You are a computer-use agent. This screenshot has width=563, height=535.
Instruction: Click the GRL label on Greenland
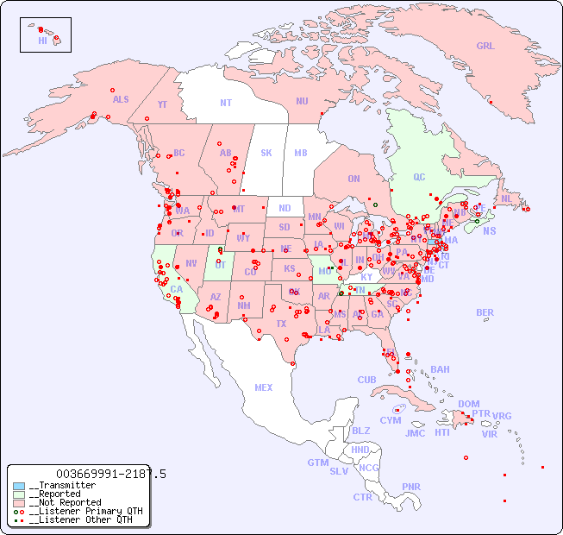pyautogui.click(x=485, y=47)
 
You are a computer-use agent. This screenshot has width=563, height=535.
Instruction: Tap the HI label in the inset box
pyautogui.click(x=42, y=41)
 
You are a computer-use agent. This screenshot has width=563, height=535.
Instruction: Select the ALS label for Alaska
pyautogui.click(x=121, y=99)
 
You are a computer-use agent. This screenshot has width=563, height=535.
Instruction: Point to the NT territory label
pyautogui.click(x=226, y=103)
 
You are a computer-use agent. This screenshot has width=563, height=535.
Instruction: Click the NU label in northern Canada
pyautogui.click(x=302, y=101)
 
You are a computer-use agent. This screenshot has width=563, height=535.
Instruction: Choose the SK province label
pyautogui.click(x=266, y=153)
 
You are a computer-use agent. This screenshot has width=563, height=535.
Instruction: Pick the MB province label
pyautogui.click(x=300, y=153)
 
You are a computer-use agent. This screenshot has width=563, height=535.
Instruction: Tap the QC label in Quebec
pyautogui.click(x=419, y=177)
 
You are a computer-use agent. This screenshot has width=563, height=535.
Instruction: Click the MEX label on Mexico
pyautogui.click(x=264, y=387)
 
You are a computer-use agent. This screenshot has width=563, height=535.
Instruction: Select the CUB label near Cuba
pyautogui.click(x=367, y=380)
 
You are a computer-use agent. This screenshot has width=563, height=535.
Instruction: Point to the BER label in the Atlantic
pyautogui.click(x=485, y=312)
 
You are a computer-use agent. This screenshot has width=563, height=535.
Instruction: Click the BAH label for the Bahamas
pyautogui.click(x=440, y=369)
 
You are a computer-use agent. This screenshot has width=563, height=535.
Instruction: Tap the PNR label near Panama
pyautogui.click(x=411, y=487)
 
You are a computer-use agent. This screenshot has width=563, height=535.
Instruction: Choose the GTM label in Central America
pyautogui.click(x=317, y=463)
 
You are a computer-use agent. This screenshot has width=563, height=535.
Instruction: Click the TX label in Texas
pyautogui.click(x=281, y=324)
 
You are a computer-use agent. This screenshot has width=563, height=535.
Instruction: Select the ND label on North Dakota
pyautogui.click(x=285, y=208)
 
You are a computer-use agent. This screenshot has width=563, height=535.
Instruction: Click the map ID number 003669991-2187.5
pyautogui.click(x=110, y=474)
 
